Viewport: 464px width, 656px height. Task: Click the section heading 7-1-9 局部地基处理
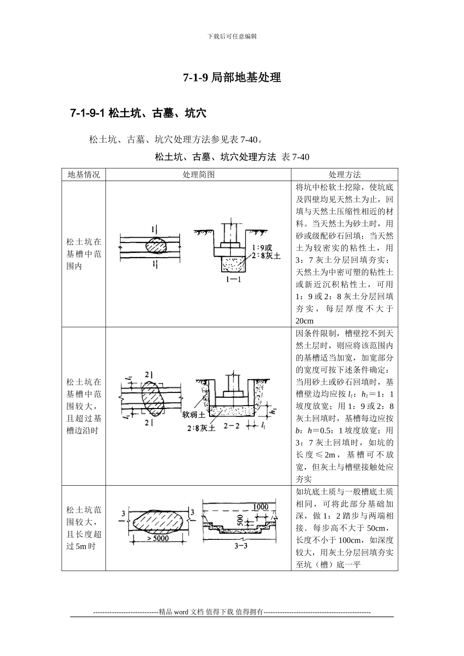(232, 78)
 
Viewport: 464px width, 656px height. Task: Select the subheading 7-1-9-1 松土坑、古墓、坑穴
(138, 114)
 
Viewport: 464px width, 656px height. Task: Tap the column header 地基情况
(84, 175)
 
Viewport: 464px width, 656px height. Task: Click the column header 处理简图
(198, 175)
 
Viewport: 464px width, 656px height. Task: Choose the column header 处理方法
(344, 175)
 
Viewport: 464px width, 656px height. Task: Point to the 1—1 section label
(233, 280)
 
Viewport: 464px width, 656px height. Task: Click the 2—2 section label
(232, 426)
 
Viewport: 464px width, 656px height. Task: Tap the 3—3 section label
(241, 546)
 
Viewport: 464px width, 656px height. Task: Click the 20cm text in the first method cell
(304, 321)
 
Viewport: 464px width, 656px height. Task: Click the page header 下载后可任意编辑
(232, 36)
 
